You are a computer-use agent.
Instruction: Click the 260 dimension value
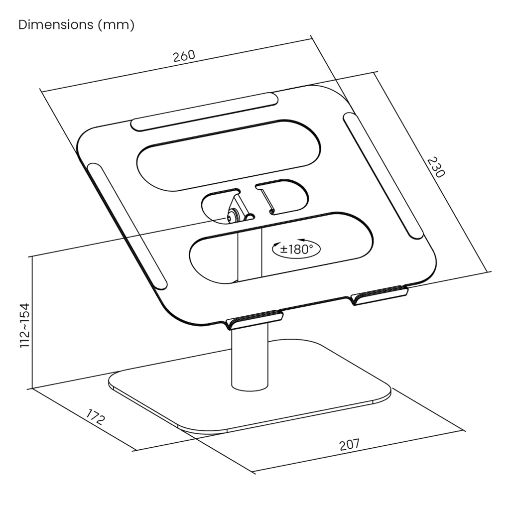(x=184, y=56)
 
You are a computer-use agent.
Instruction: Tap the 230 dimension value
(x=435, y=167)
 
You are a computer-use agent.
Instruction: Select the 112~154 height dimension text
(x=25, y=326)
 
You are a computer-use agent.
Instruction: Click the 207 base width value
(x=349, y=445)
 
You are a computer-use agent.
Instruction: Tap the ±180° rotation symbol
(x=296, y=249)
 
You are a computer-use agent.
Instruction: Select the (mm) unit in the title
(x=116, y=25)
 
